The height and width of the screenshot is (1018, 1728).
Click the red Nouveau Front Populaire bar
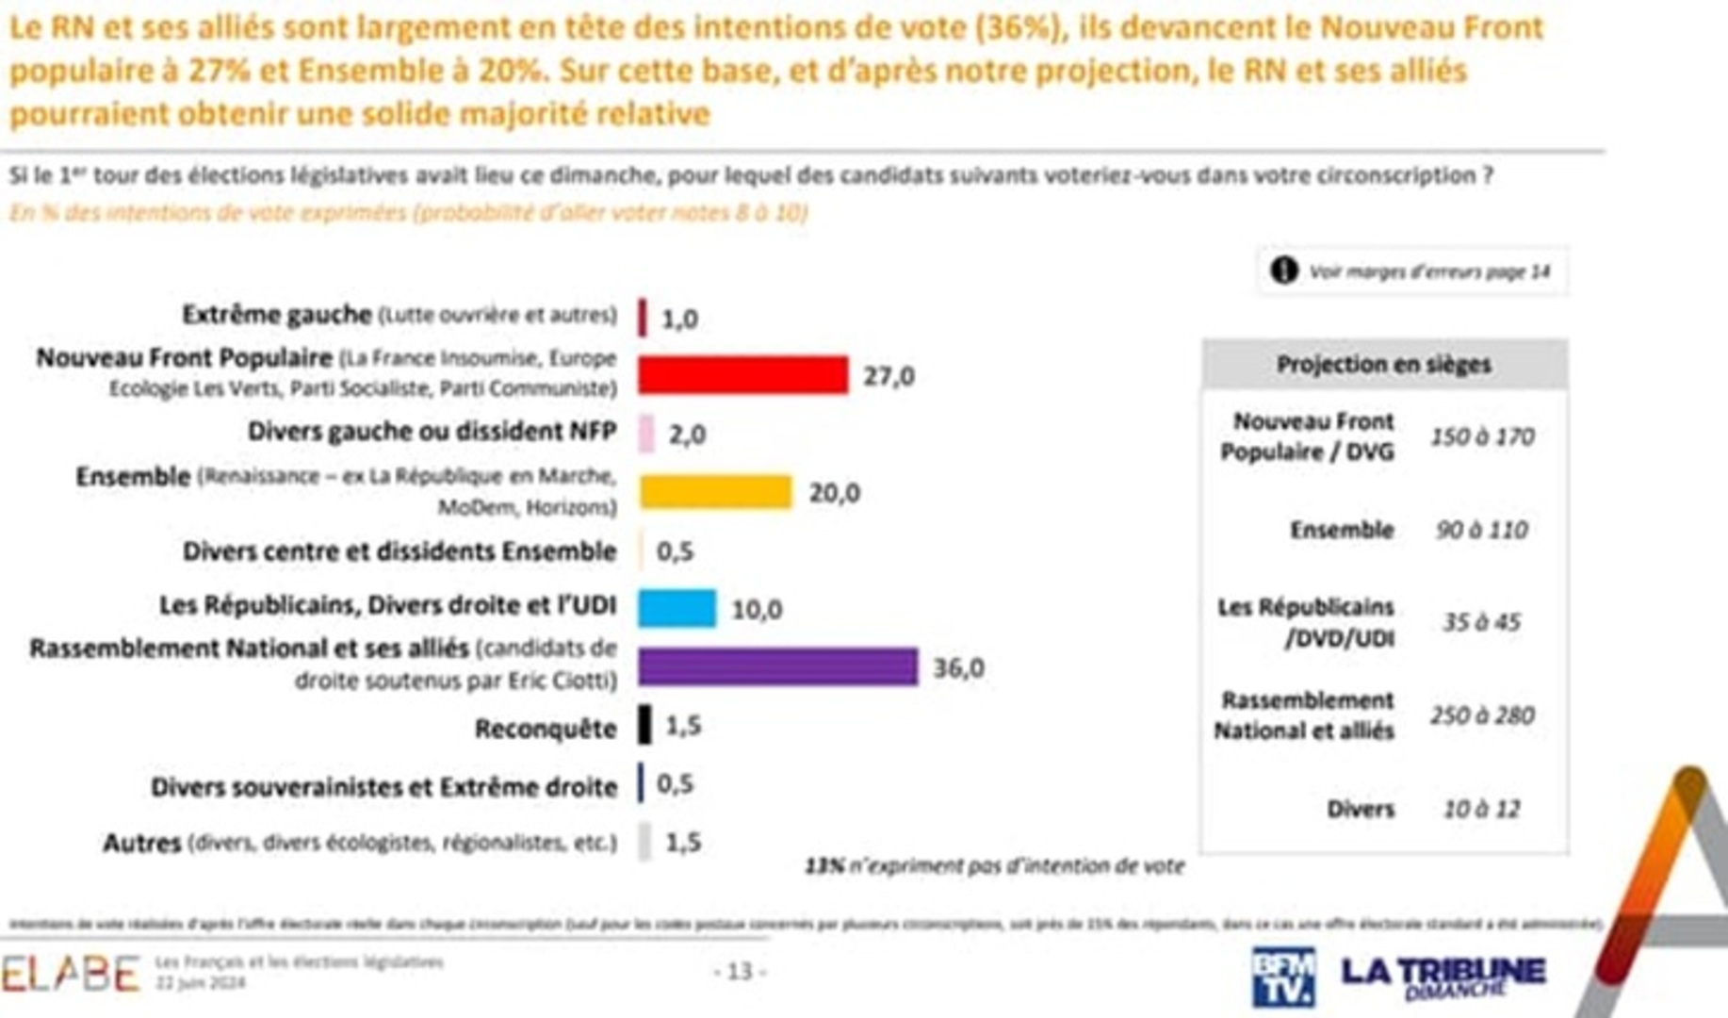[x=742, y=375]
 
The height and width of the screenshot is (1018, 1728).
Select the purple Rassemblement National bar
[x=777, y=666]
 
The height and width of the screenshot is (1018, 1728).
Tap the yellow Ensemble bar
[x=715, y=492]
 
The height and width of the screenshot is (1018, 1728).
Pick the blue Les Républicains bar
[x=677, y=608]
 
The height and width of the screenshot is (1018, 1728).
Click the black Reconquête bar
[x=644, y=725]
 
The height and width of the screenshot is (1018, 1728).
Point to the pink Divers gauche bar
[x=646, y=434]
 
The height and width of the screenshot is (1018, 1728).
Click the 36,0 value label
[x=958, y=667]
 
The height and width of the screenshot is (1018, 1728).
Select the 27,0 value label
[x=888, y=376]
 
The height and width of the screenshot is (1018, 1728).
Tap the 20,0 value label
[x=834, y=493]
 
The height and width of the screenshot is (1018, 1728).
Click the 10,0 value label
[x=757, y=610]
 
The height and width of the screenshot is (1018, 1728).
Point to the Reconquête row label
[x=546, y=729]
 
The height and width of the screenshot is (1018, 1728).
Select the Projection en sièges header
[x=1383, y=365]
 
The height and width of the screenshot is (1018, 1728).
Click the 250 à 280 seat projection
[x=1482, y=715]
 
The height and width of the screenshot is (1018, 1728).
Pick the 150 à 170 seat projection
[x=1482, y=436]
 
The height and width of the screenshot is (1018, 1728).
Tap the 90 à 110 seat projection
[x=1481, y=530]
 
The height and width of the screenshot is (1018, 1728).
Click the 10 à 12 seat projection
[x=1481, y=809]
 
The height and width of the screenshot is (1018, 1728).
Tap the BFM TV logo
[x=1282, y=977]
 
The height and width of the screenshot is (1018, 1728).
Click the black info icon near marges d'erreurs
[x=1283, y=271]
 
